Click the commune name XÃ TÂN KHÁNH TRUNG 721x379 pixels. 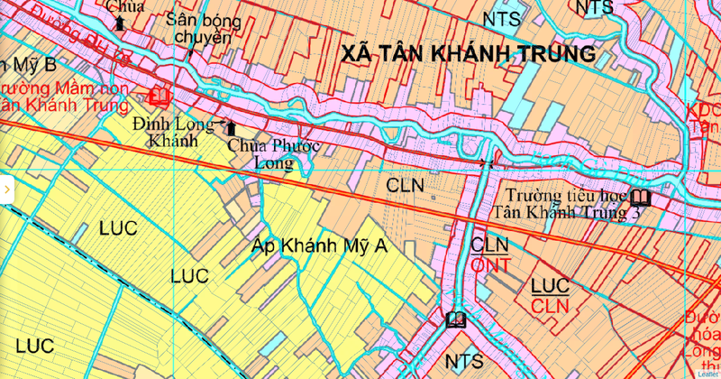pyautogui.click(x=469, y=54)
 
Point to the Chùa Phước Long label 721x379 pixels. pyautogui.click(x=261, y=153)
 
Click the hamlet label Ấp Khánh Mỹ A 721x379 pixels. pyautogui.click(x=319, y=245)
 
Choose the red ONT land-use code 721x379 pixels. pyautogui.click(x=491, y=264)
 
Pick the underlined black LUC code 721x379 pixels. pyautogui.click(x=549, y=286)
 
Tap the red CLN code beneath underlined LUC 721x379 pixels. pyautogui.click(x=549, y=307)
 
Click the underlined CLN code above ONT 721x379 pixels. pyautogui.click(x=490, y=245)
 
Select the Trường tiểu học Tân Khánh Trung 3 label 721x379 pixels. pyautogui.click(x=568, y=204)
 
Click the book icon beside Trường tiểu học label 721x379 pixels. pyautogui.click(x=641, y=198)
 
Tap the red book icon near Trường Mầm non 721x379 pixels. pyautogui.click(x=161, y=94)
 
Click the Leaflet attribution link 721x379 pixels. pyautogui.click(x=707, y=373)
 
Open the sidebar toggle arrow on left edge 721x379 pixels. pyautogui.click(x=6, y=189)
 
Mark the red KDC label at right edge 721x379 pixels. pyautogui.click(x=703, y=110)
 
